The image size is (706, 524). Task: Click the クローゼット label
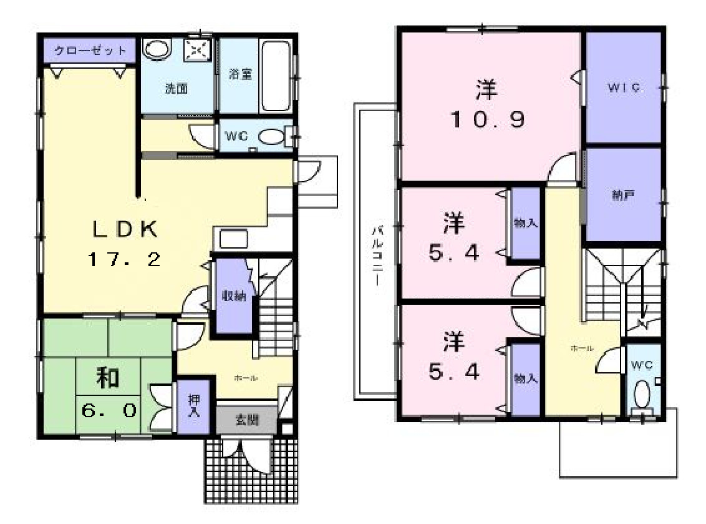point(90,51)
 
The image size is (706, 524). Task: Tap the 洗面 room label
point(176,89)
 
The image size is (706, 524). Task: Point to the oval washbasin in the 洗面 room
point(157,49)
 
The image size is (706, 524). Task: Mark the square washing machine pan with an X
point(197,49)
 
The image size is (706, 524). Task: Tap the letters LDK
point(125,229)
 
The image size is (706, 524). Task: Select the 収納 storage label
point(233,297)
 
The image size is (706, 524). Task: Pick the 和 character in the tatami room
point(108,378)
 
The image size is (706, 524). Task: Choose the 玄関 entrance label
point(246,420)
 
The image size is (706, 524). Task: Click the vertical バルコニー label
point(377,255)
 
